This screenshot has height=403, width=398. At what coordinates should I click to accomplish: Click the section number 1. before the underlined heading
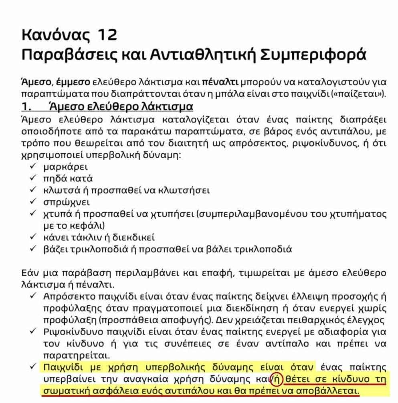tap(26, 107)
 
